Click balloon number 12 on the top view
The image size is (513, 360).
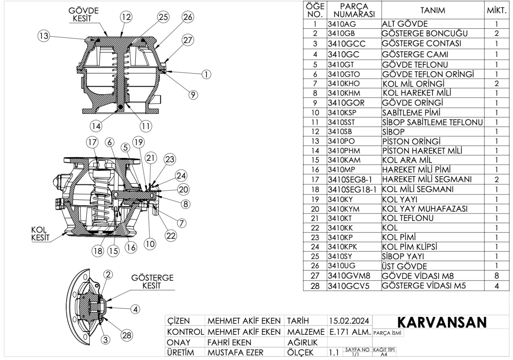pyautogui.click(x=126, y=17)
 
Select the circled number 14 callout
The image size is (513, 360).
pyautogui.click(x=96, y=126)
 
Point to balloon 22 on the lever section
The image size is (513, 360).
pyautogui.click(x=171, y=236)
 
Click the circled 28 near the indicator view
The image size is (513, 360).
pyautogui.click(x=127, y=336)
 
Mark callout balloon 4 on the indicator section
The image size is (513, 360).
pyautogui.click(x=136, y=309)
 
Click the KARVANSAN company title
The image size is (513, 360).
pyautogui.click(x=441, y=322)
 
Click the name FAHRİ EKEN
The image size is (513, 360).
pyautogui.click(x=230, y=342)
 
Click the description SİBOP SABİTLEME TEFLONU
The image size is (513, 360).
pyautogui.click(x=433, y=122)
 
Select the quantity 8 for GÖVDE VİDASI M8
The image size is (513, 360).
pyautogui.click(x=496, y=276)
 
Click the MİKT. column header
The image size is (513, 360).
pyautogui.click(x=497, y=11)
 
